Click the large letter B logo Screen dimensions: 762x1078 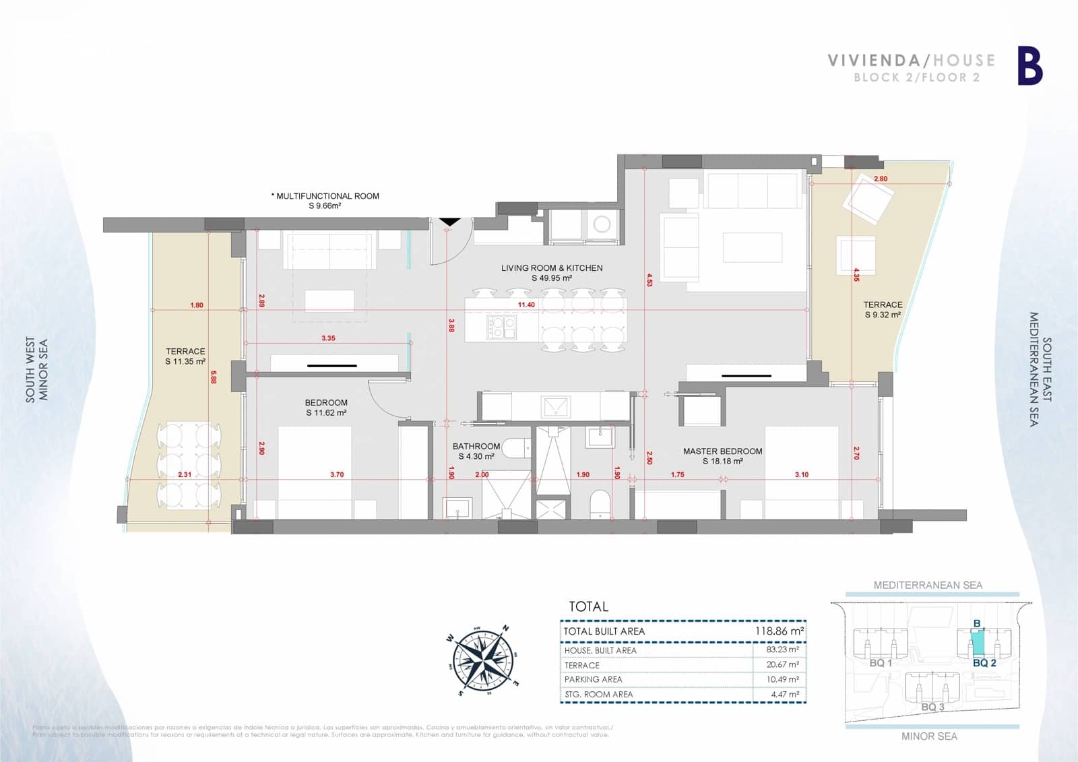coord(1029,67)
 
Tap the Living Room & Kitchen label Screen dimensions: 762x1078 coord(552,272)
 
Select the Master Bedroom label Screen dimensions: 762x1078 coord(722,456)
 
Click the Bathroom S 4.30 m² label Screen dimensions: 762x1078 coord(476,451)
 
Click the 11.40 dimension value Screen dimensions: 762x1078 coord(526,305)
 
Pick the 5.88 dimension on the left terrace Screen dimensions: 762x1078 coord(214,379)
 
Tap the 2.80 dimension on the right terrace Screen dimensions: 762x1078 coord(880,179)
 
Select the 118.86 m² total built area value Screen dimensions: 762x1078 coord(780,631)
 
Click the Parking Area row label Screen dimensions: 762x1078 coord(593,680)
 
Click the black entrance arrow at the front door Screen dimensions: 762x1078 coord(449,221)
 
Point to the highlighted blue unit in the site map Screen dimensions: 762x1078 coord(977,643)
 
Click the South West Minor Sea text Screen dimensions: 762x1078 coord(37,370)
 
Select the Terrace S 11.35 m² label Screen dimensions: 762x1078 coord(185,356)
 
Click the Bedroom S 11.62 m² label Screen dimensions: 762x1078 coord(326,408)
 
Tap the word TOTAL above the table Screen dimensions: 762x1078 coord(588,606)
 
